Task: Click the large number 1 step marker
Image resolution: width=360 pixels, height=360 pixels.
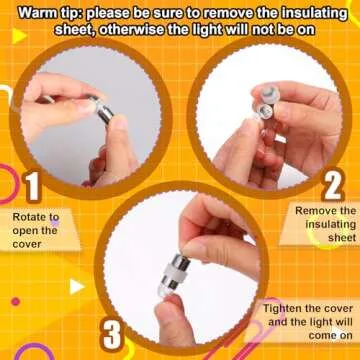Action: tap(32, 187)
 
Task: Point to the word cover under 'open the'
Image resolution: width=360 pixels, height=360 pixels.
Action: tap(27, 244)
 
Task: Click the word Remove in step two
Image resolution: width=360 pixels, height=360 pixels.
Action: tap(312, 211)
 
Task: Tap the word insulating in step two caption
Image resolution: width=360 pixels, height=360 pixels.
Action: tap(331, 224)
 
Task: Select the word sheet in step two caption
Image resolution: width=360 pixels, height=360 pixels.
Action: tap(342, 238)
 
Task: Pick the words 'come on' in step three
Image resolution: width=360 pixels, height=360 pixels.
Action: tap(330, 335)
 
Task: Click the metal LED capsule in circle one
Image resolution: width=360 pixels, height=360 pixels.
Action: tap(102, 109)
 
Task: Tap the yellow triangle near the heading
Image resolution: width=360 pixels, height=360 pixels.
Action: tap(19, 36)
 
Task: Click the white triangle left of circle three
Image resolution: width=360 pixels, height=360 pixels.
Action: tap(76, 286)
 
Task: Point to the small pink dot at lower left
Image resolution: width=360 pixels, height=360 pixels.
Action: tap(15, 302)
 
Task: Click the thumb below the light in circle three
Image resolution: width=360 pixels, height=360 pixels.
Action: tap(174, 319)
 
